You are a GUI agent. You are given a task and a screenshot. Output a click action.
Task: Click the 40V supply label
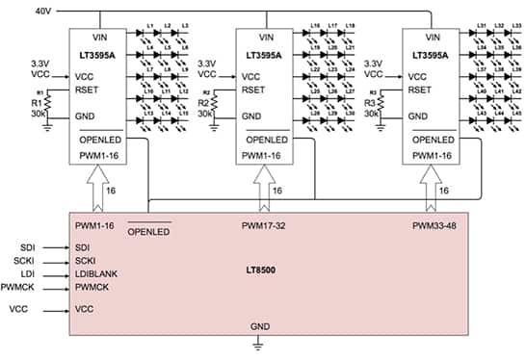pos(41,11)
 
